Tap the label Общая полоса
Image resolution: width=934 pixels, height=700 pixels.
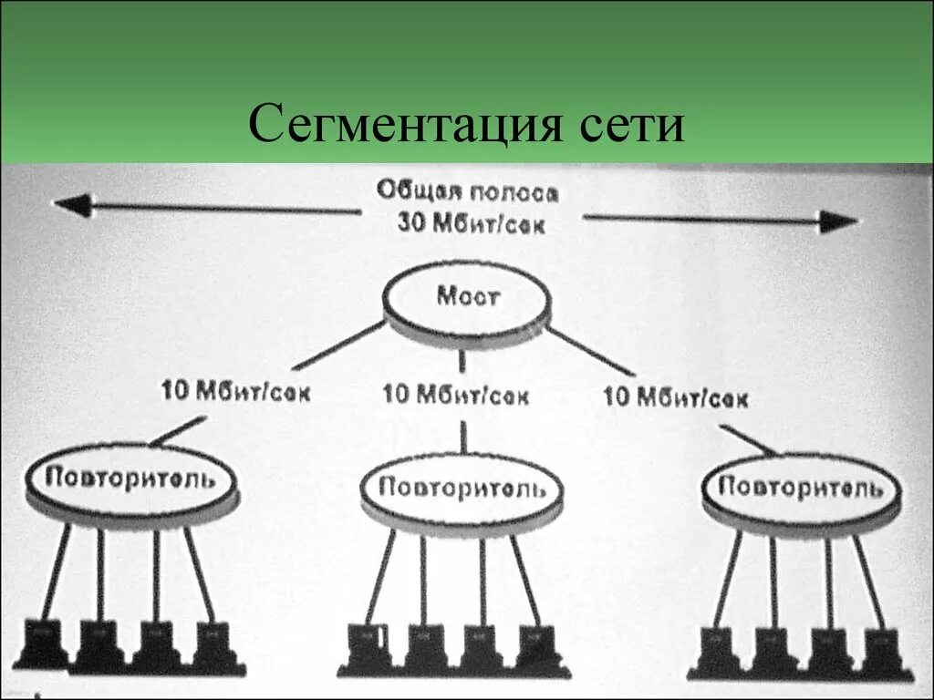pyautogui.click(x=468, y=192)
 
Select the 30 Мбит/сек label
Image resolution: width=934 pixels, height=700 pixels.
pyautogui.click(x=472, y=222)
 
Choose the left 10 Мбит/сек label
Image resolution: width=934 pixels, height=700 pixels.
pyautogui.click(x=235, y=392)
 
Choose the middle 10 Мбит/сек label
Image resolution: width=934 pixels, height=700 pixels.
pyautogui.click(x=456, y=396)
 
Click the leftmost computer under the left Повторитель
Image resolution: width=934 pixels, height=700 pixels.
pyautogui.click(x=43, y=642)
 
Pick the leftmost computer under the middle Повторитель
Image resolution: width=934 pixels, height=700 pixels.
pyautogui.click(x=367, y=647)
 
